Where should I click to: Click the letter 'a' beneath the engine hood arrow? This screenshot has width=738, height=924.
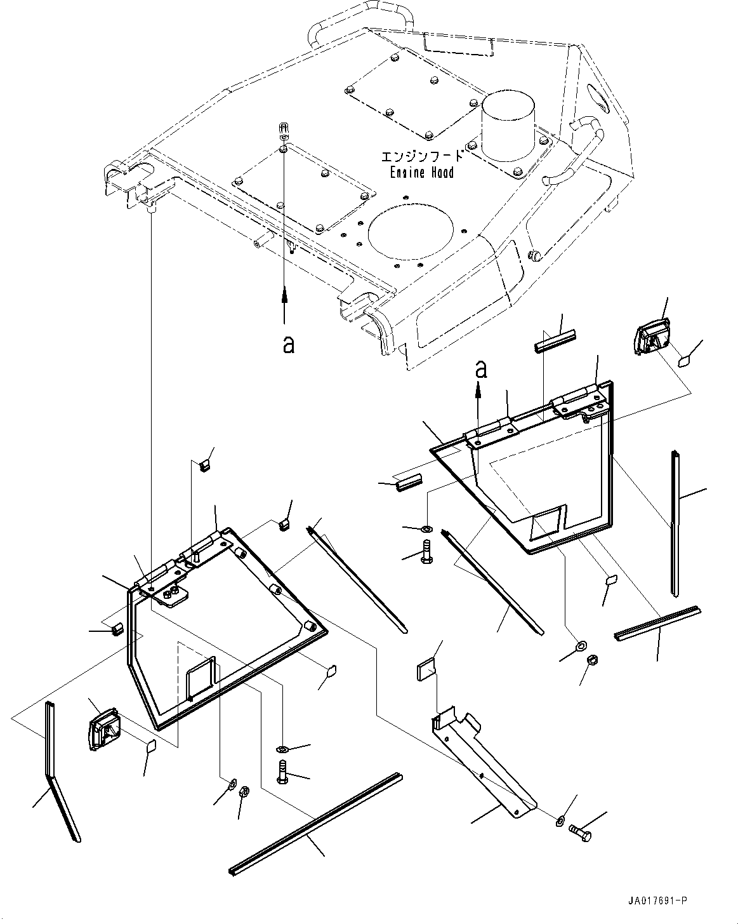[288, 344]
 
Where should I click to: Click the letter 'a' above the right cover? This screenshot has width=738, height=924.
[482, 368]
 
